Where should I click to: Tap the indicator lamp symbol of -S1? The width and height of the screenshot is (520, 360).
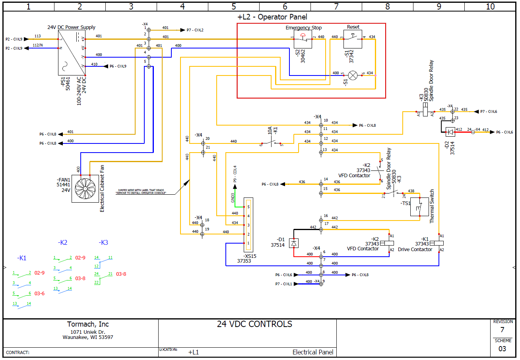(x=353, y=75)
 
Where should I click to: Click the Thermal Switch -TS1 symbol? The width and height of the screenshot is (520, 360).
(x=419, y=207)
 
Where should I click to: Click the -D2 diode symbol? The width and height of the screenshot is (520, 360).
(x=450, y=131)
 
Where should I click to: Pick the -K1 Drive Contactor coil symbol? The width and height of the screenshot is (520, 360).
(x=439, y=243)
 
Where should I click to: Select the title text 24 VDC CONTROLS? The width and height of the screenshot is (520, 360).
(x=254, y=324)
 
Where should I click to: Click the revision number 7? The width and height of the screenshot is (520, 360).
(x=502, y=330)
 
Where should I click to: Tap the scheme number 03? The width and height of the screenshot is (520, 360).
(x=502, y=349)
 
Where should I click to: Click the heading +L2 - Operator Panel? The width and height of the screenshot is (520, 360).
(x=272, y=17)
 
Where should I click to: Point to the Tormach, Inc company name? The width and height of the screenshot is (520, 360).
(x=88, y=324)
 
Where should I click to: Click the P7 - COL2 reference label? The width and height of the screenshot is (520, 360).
(x=195, y=30)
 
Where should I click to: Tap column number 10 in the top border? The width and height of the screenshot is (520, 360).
(x=490, y=6)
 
